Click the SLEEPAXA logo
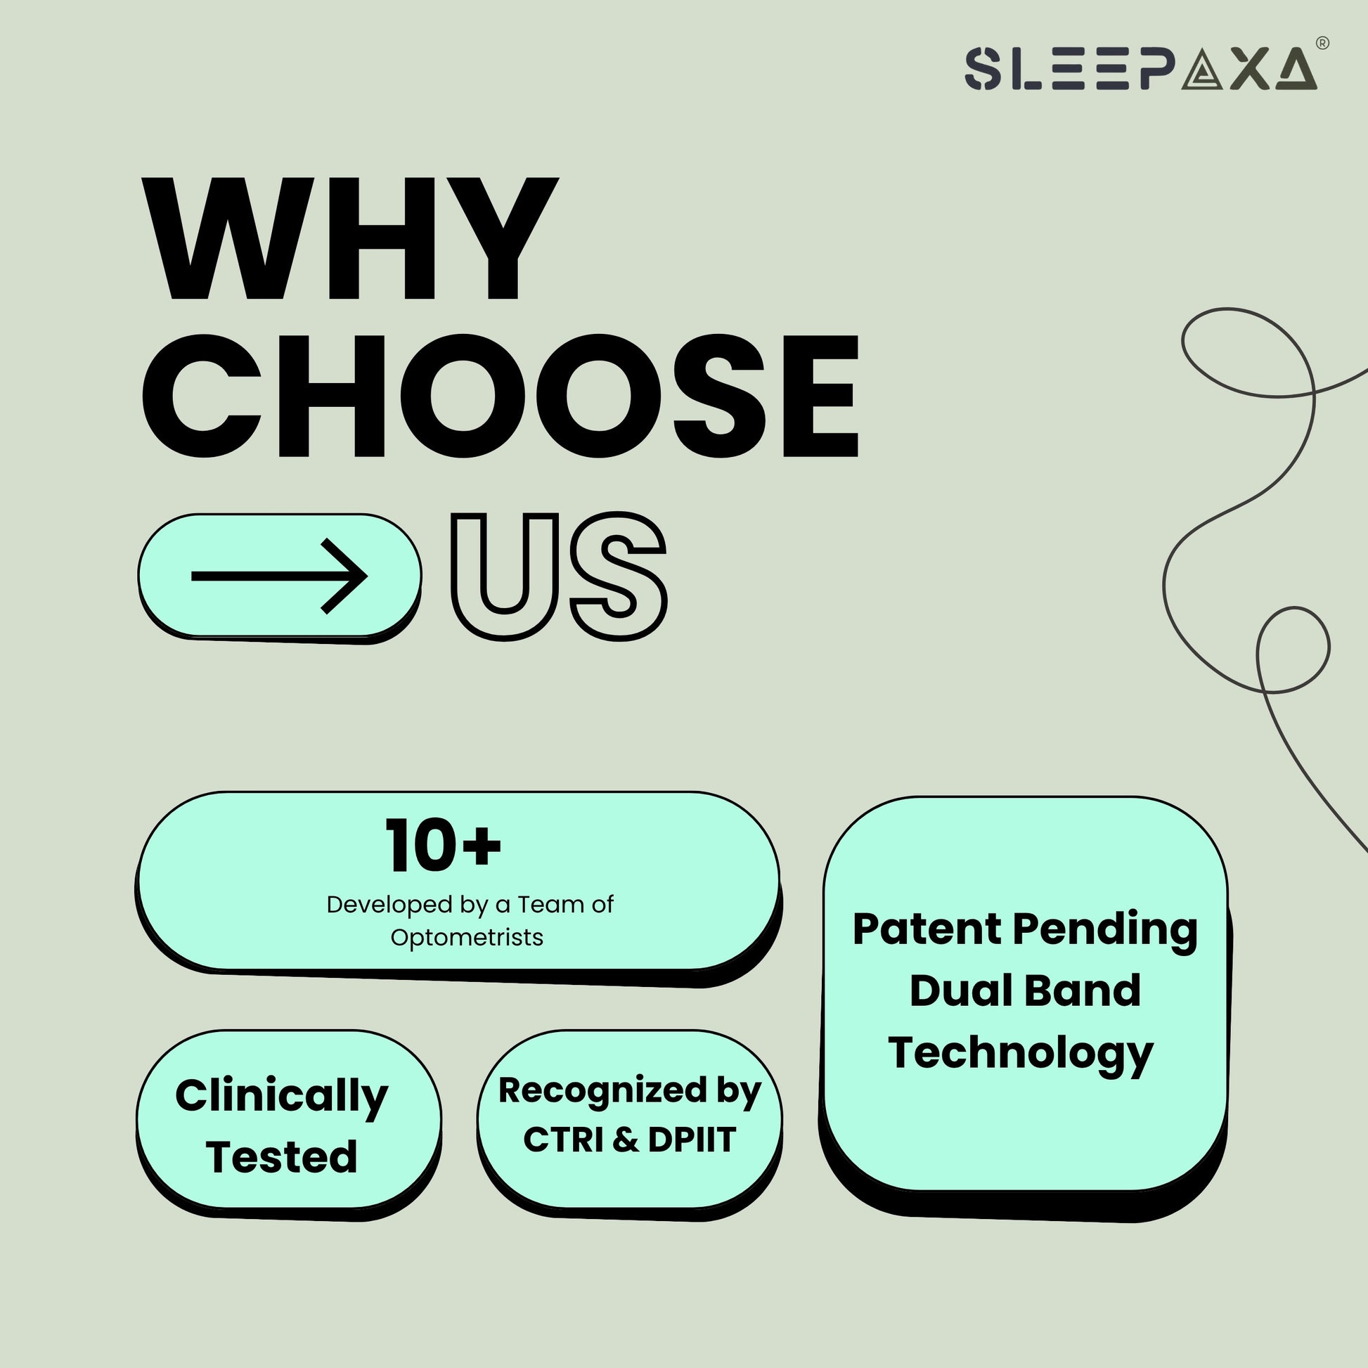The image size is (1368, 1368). [1141, 69]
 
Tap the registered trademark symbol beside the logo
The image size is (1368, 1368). [1322, 43]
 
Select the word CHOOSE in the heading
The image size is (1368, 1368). [501, 396]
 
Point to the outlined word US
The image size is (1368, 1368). [560, 576]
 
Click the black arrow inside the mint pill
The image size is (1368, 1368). [279, 576]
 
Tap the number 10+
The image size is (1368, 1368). [444, 846]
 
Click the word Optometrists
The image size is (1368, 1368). [467, 938]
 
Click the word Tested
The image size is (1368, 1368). [282, 1157]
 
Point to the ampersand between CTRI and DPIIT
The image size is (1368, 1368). [624, 1140]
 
